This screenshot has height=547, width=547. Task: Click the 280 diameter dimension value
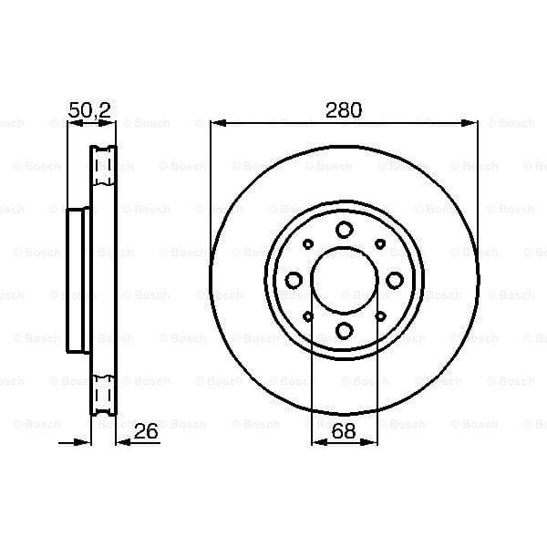point(344,111)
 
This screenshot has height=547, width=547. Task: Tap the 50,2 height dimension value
point(90,111)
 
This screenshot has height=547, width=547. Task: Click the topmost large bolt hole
point(344,230)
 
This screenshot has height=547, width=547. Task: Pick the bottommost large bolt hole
point(344,330)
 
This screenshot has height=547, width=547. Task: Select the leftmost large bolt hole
point(294,280)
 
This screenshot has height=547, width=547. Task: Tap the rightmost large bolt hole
point(394,280)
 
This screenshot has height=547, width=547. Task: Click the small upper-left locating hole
point(308,244)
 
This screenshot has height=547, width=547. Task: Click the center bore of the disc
point(344,280)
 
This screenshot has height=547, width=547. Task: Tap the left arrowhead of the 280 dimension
point(215,122)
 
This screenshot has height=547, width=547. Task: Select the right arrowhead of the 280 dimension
point(473,122)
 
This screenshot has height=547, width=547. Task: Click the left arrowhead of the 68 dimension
point(316,442)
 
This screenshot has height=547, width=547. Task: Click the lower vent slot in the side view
point(104,395)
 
